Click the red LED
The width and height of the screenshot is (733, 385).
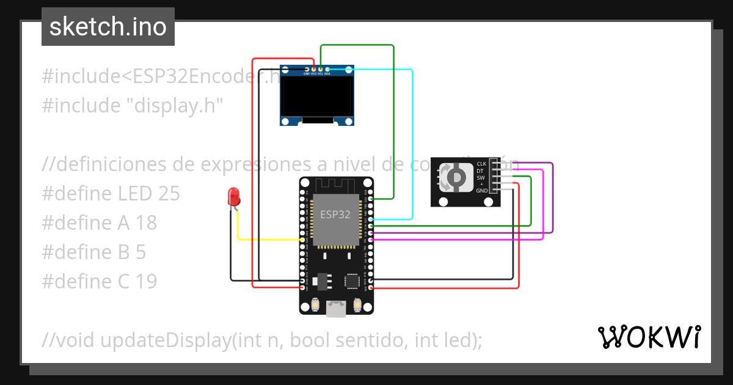[233, 197]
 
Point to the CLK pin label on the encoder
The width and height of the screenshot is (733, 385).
[481, 164]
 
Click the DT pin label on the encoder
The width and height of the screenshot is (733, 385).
[481, 171]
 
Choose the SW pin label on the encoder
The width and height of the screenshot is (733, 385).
[481, 178]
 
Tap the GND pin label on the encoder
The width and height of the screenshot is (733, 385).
[481, 191]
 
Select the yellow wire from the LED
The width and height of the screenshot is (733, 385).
[269, 240]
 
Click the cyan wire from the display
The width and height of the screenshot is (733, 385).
[413, 147]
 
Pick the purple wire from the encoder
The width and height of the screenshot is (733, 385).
[552, 202]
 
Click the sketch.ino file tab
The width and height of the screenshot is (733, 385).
[108, 27]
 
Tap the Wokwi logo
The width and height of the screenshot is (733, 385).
[648, 337]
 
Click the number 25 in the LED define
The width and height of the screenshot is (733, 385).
[169, 194]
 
